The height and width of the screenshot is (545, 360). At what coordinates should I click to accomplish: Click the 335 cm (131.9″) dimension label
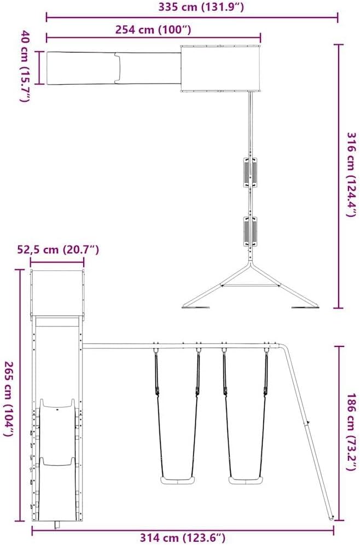point(201,7)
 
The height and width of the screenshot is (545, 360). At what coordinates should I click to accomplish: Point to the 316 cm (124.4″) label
point(352,174)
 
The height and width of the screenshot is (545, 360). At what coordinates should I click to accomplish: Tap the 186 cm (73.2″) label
point(352,432)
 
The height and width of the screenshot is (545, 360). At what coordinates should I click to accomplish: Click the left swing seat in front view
point(177,480)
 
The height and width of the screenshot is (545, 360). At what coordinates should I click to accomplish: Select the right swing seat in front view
point(245,480)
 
